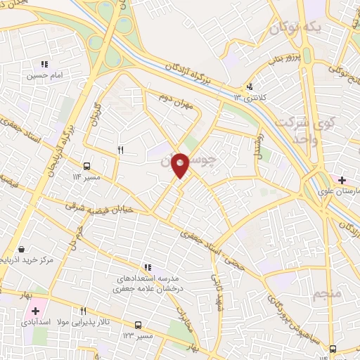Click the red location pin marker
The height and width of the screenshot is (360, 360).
click(x=181, y=165)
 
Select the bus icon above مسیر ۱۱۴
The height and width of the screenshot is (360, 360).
click(x=86, y=167)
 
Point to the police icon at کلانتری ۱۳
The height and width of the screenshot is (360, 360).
click(x=248, y=88)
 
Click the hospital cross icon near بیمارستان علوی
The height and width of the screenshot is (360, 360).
click(x=342, y=181)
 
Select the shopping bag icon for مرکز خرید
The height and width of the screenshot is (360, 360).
click(x=22, y=250)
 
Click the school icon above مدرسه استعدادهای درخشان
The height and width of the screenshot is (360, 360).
click(x=148, y=267)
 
